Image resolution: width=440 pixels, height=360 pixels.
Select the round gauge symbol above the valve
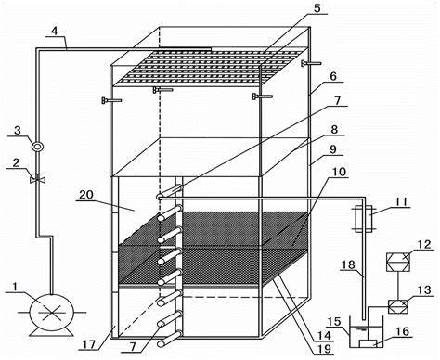pyautogui.click(x=36, y=146)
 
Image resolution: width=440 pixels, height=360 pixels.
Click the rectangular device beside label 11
pyautogui.click(x=364, y=224)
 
